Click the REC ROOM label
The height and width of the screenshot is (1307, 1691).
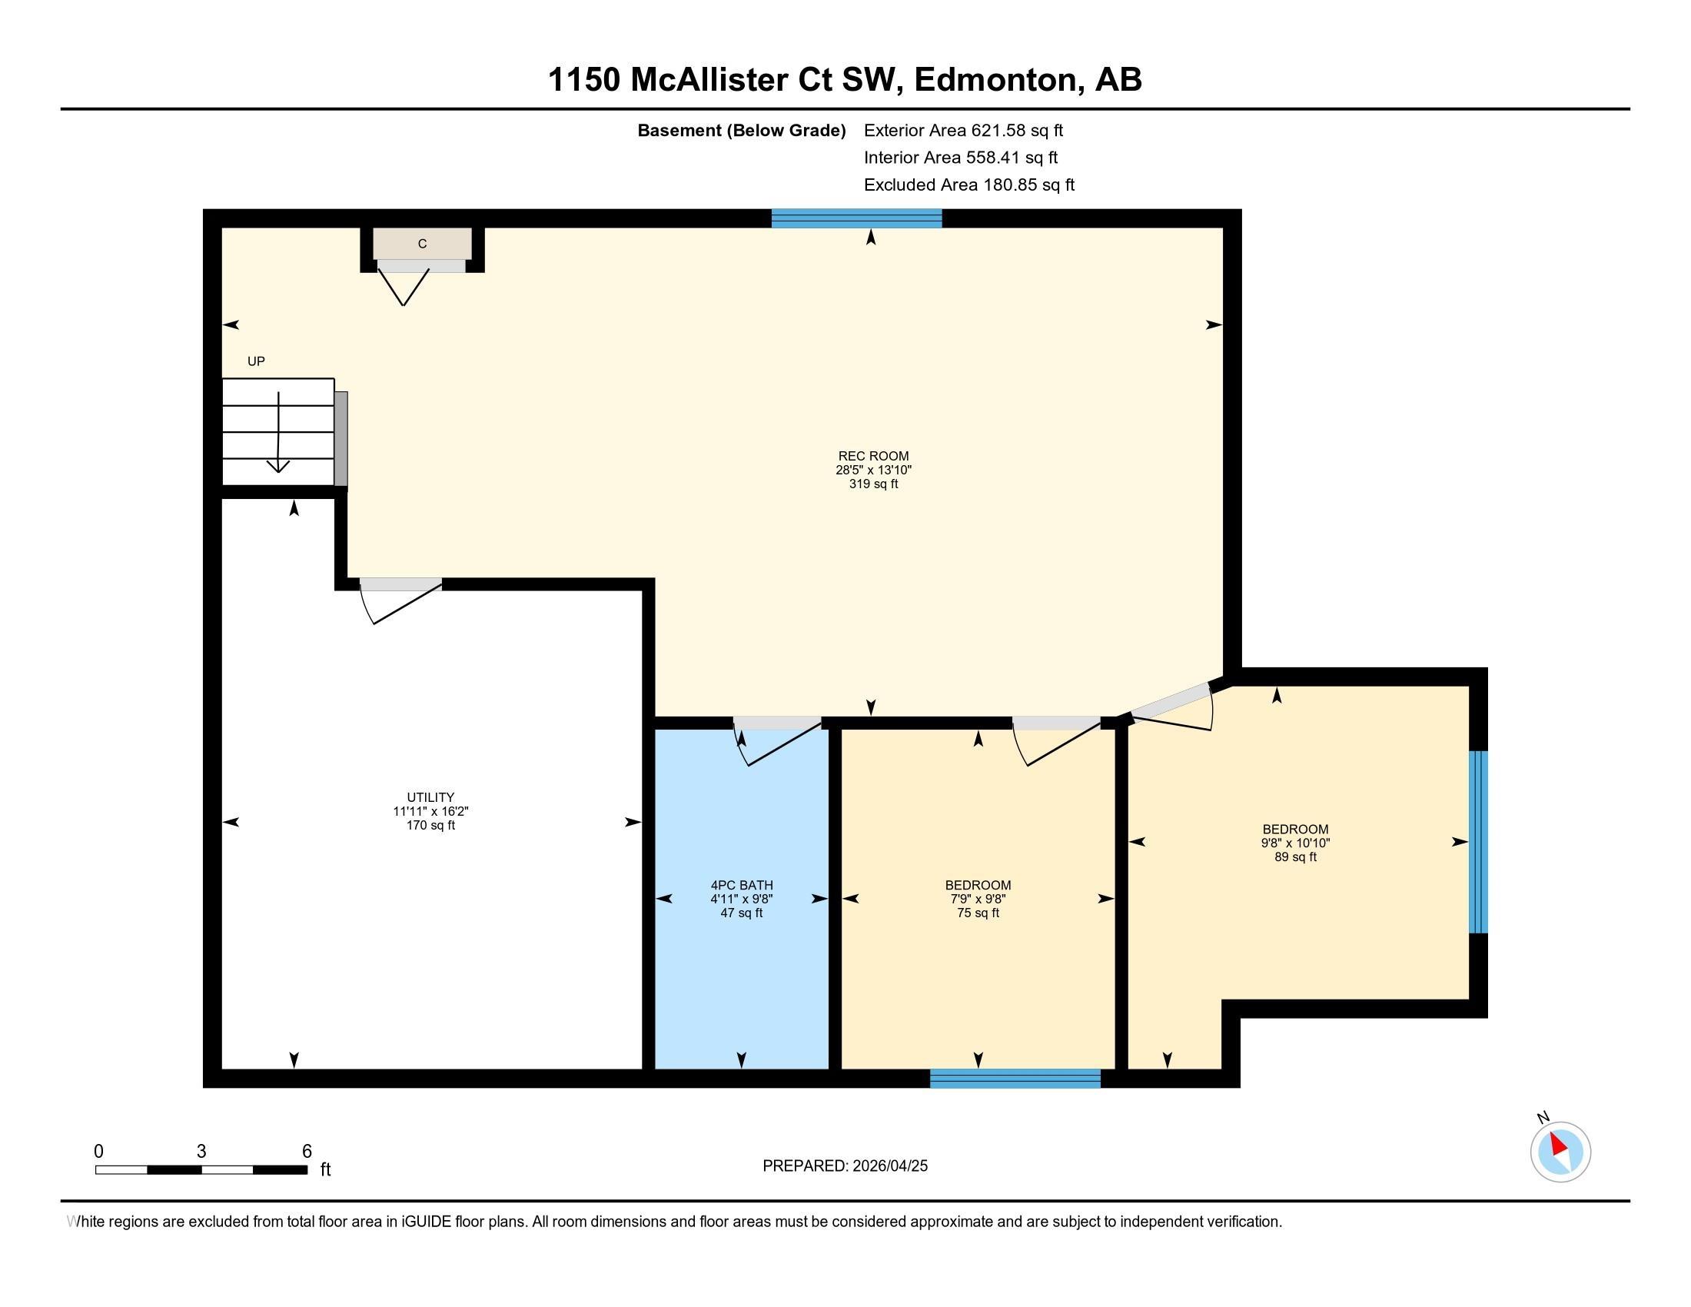[x=873, y=456]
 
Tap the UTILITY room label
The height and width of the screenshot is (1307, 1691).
[x=430, y=797]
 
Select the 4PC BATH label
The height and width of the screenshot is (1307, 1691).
[x=742, y=885]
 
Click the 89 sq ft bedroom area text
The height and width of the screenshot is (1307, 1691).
[x=1295, y=857]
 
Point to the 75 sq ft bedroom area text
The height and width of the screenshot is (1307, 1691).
[x=978, y=913]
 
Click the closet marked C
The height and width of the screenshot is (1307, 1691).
[x=422, y=244]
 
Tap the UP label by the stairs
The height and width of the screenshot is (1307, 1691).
[x=256, y=361]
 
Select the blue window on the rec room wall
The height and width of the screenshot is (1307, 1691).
[x=856, y=218]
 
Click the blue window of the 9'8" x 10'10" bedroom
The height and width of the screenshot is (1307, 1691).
[x=1478, y=842]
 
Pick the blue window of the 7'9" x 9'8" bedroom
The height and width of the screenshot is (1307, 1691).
[x=1015, y=1079]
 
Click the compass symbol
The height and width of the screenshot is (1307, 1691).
[x=1560, y=1152]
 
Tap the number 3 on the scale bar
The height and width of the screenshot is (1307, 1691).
[x=201, y=1152]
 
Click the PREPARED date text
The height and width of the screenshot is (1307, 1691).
[x=845, y=1166]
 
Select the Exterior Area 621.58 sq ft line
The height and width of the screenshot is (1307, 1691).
[x=963, y=130]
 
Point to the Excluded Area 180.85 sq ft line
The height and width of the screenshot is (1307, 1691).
[x=968, y=185]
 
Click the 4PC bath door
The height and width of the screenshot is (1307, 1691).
[x=777, y=740]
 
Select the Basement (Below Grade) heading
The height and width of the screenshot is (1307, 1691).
[x=741, y=131]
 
